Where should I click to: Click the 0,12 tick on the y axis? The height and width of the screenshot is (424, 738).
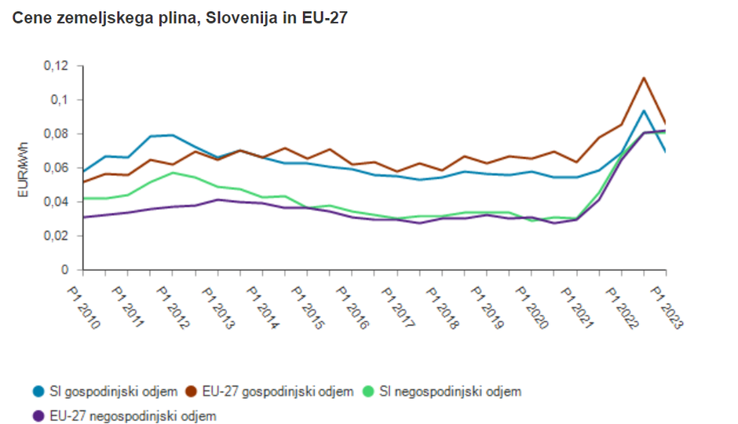[57, 66]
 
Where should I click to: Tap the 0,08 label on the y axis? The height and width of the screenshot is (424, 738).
[57, 133]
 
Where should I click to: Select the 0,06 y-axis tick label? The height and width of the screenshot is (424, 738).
[57, 168]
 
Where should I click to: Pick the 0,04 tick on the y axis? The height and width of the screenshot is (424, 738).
[57, 202]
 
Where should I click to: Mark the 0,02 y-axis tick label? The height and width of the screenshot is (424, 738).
[57, 236]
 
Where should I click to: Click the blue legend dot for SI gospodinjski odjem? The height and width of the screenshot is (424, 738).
[38, 391]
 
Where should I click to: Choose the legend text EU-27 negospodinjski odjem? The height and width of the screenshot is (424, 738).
[133, 415]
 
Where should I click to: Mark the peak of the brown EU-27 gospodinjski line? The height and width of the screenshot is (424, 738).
[644, 78]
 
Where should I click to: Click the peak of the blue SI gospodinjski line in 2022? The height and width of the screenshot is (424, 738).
[644, 111]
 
